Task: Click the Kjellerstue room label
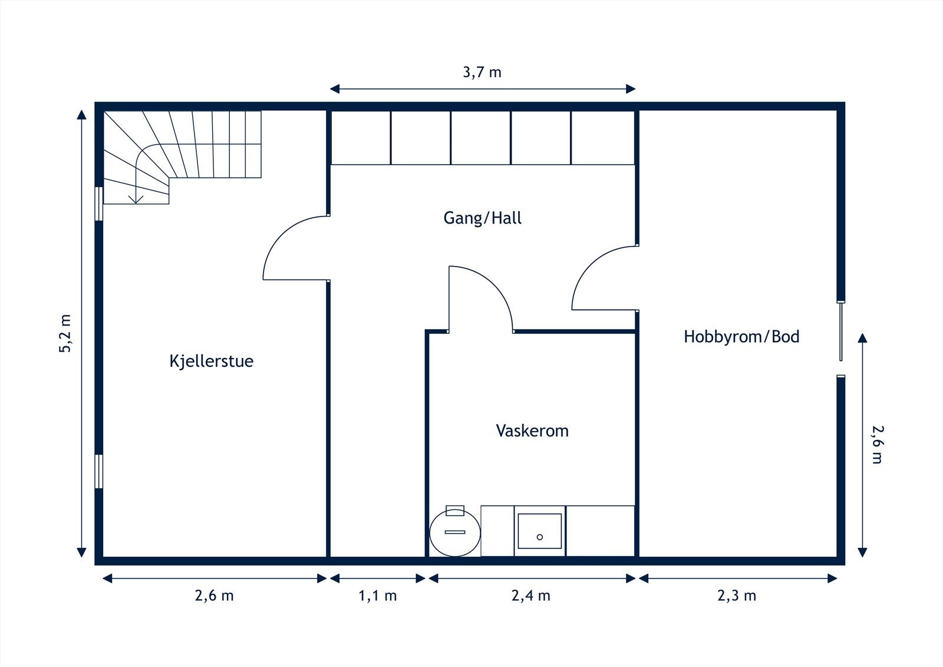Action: pyautogui.click(x=211, y=361)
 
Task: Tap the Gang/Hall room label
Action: pyautogui.click(x=482, y=218)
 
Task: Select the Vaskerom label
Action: pyautogui.click(x=532, y=431)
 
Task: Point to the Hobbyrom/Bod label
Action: pyautogui.click(x=741, y=337)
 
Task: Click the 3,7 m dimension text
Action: pyautogui.click(x=482, y=73)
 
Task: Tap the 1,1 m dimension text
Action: pyautogui.click(x=377, y=596)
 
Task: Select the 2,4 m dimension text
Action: pyautogui.click(x=530, y=596)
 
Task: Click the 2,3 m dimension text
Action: pyautogui.click(x=736, y=596)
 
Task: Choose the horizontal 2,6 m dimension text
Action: pyautogui.click(x=214, y=596)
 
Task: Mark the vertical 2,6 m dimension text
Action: pyautogui.click(x=876, y=443)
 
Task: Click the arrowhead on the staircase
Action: pyautogui.click(x=137, y=199)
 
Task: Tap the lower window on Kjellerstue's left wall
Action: pyautogui.click(x=99, y=471)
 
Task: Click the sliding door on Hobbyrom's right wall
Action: pyautogui.click(x=841, y=331)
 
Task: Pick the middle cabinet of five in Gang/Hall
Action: pyautogui.click(x=481, y=137)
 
